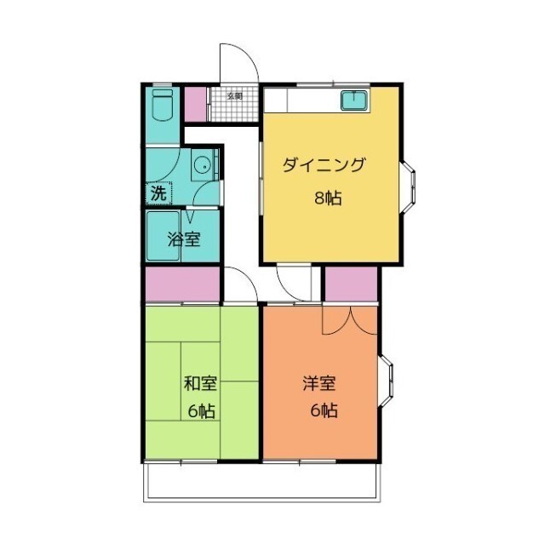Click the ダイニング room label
(324, 165)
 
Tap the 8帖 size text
(328, 198)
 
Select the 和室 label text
(201, 383)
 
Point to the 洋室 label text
(319, 383)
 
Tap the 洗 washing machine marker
(159, 193)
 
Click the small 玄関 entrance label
(235, 96)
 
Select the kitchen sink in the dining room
(354, 100)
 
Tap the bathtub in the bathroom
(163, 236)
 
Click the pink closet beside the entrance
(195, 104)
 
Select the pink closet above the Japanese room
(183, 284)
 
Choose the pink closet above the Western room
(351, 284)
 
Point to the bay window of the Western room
(386, 381)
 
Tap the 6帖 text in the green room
(202, 411)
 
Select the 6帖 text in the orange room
(324, 410)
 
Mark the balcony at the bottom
(262, 483)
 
